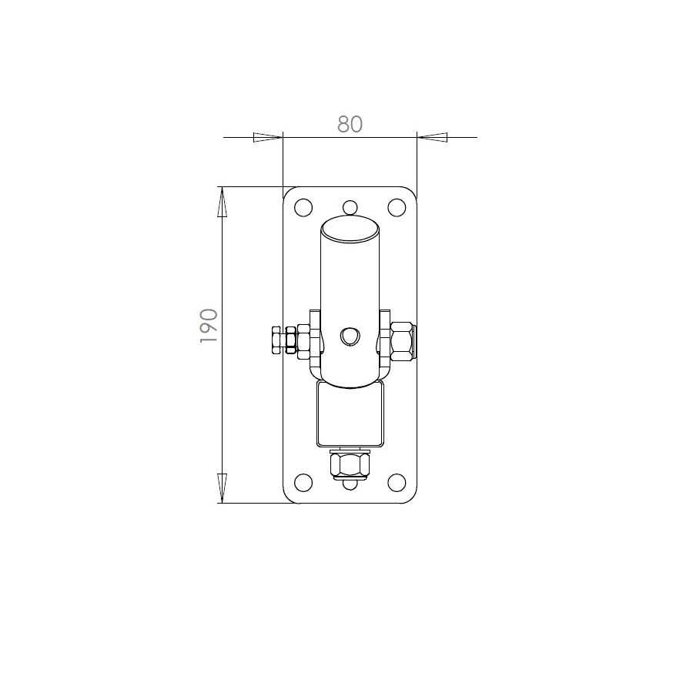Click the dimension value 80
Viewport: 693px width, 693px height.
pyautogui.click(x=350, y=124)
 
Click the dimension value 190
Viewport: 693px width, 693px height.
pyautogui.click(x=209, y=326)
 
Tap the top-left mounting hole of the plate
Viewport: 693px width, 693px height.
pyautogui.click(x=303, y=207)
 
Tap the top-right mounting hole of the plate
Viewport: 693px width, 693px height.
pyautogui.click(x=397, y=207)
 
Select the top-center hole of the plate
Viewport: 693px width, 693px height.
pyautogui.click(x=350, y=207)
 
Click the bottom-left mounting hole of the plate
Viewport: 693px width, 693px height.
pyautogui.click(x=303, y=483)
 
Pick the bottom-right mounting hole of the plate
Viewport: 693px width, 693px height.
pyautogui.click(x=397, y=483)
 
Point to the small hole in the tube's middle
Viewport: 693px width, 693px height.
pyautogui.click(x=350, y=336)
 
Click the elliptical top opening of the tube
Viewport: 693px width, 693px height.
pyautogui.click(x=350, y=229)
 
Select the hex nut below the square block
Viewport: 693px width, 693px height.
pyautogui.click(x=350, y=464)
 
